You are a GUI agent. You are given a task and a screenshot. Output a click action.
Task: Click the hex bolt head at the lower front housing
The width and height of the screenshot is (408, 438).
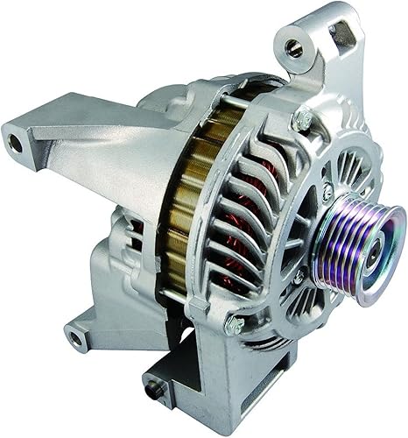click(236, 325)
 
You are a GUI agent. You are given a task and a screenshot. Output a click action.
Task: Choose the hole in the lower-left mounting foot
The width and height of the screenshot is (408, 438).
click(75, 336)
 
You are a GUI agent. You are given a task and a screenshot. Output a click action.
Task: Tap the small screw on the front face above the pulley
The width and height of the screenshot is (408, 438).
click(326, 188)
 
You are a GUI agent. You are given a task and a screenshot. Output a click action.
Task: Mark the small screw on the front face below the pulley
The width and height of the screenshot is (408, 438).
click(299, 278)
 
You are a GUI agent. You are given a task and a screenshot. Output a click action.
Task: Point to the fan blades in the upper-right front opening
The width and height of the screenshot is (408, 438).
click(355, 171)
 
